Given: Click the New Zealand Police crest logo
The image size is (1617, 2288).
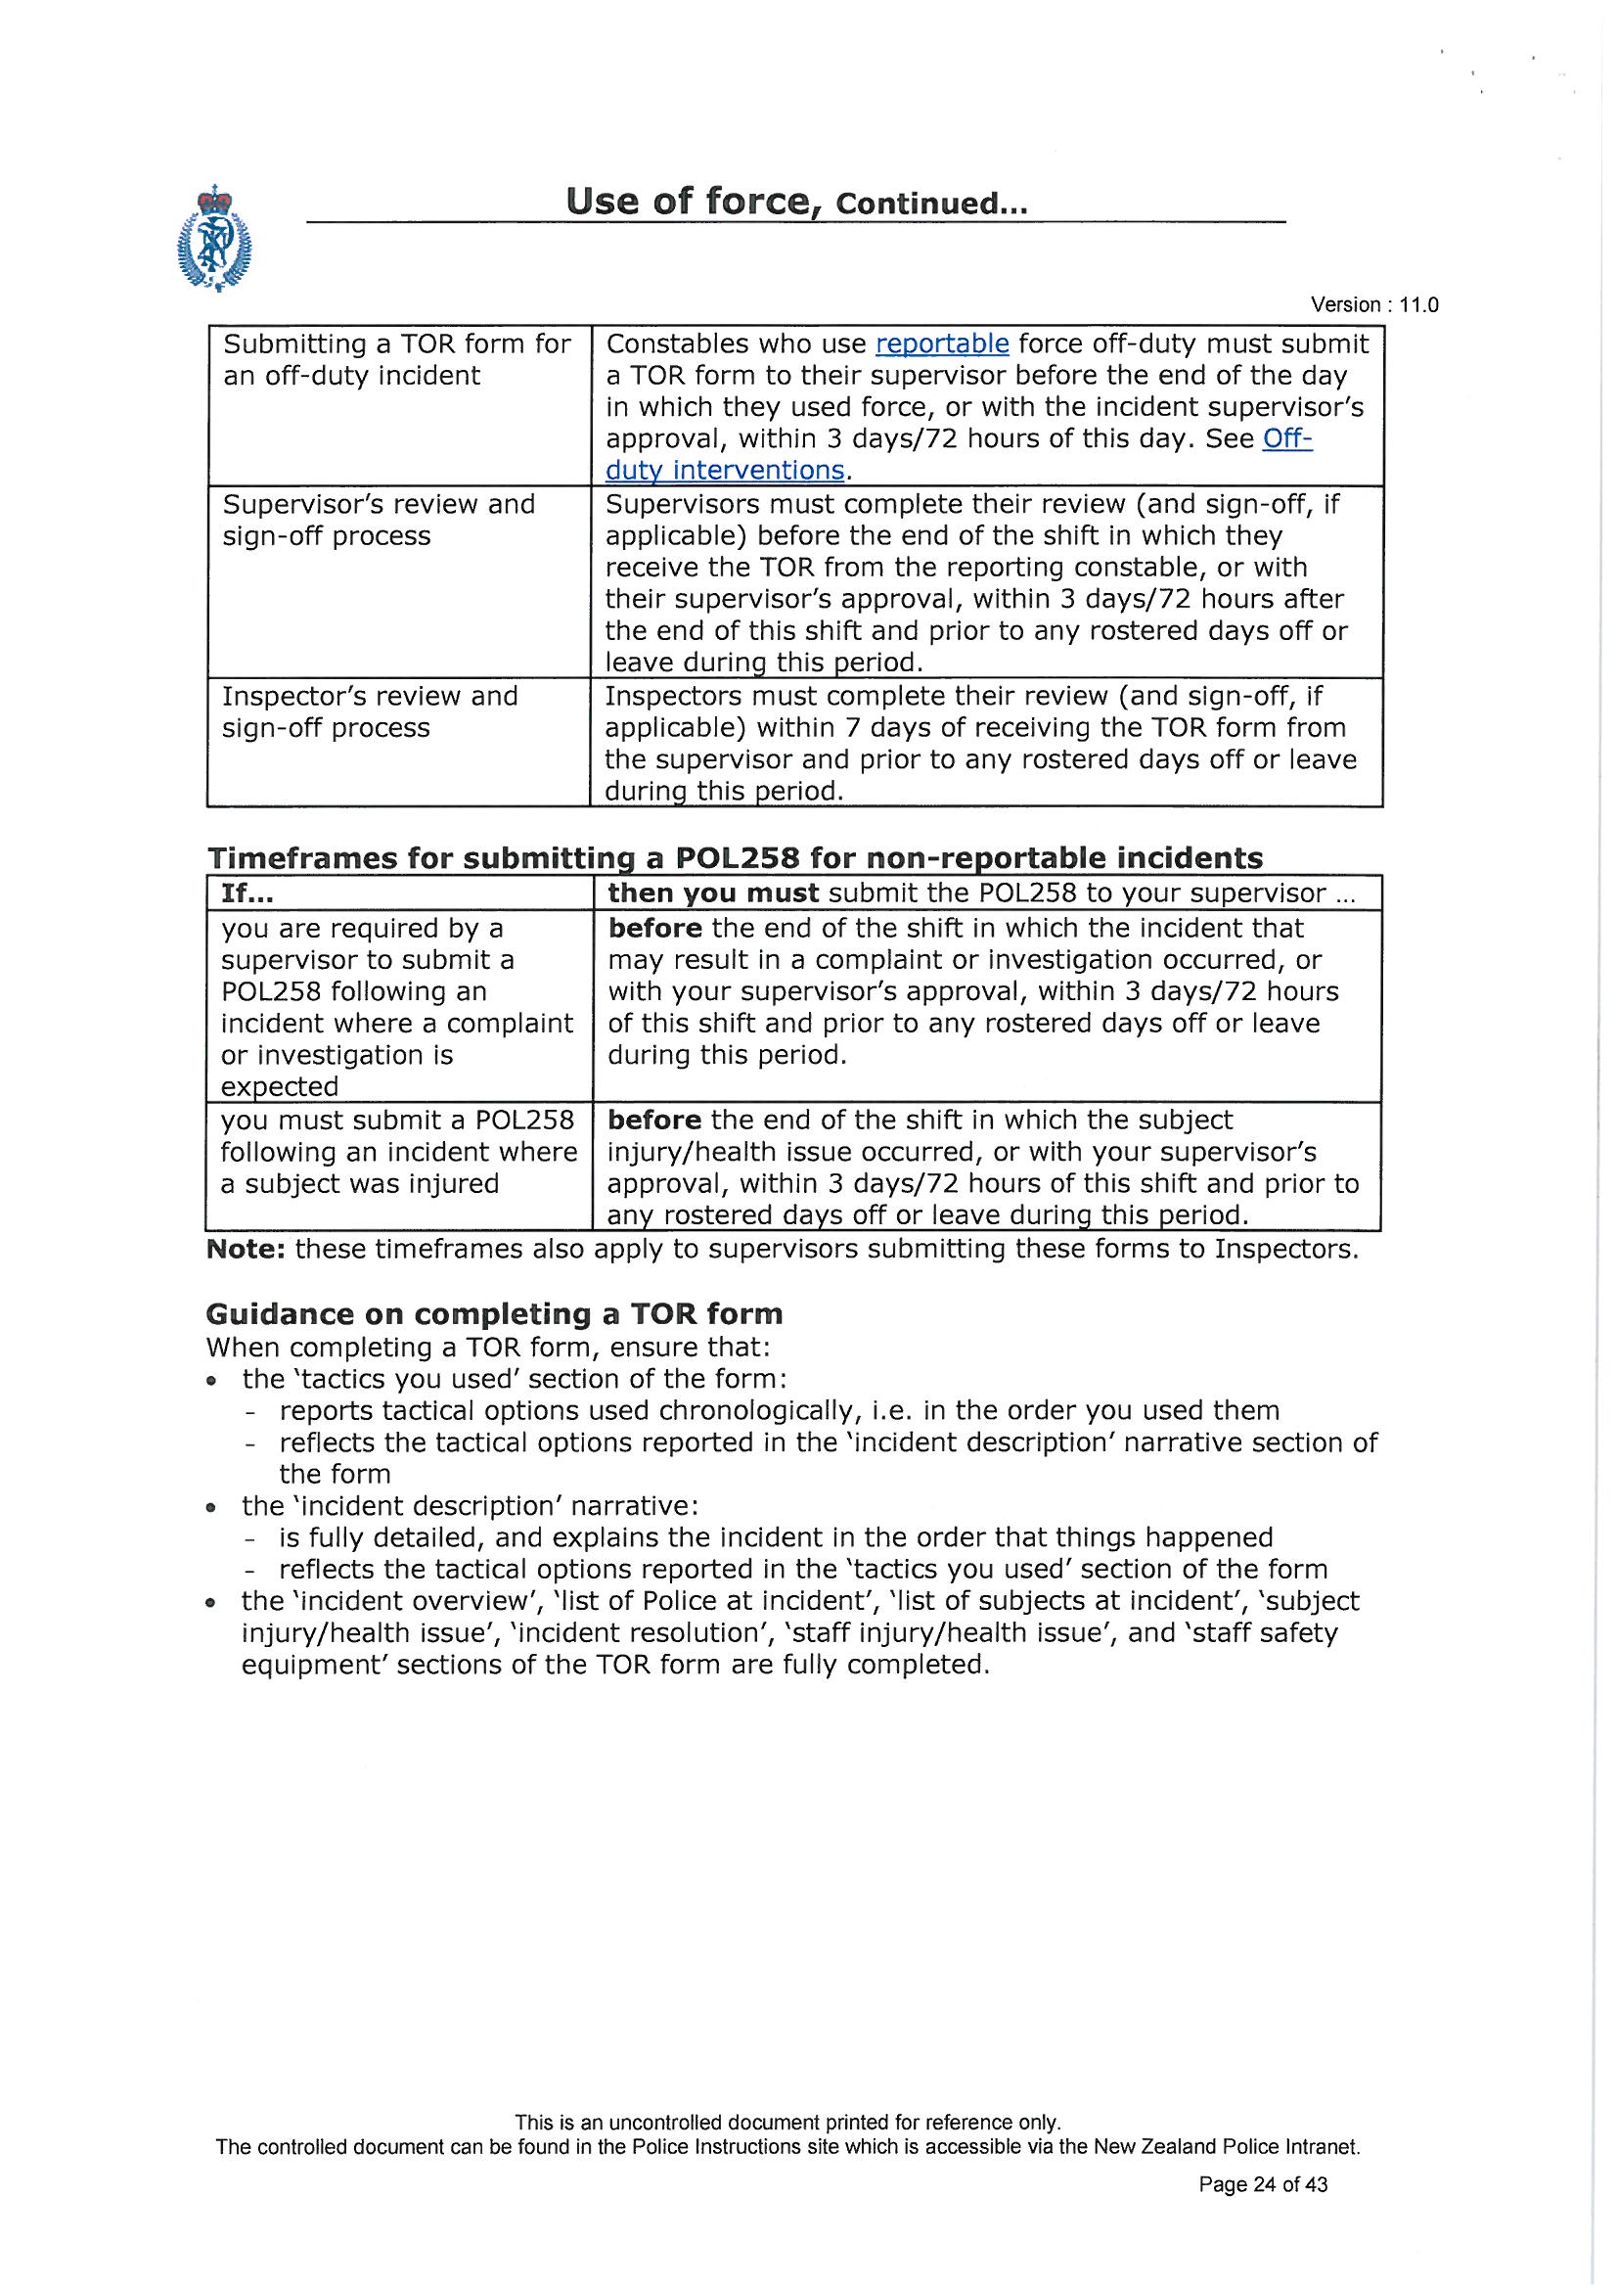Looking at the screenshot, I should [x=214, y=239].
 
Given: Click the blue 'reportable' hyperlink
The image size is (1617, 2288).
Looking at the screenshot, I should [x=941, y=344].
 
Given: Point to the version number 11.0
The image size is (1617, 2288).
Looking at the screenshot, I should [x=1418, y=306].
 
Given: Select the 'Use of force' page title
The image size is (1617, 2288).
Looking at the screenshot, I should [x=688, y=203].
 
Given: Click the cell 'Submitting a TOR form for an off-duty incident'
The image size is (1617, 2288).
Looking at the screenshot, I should [x=396, y=360].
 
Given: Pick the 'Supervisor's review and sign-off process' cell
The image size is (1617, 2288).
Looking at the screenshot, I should [x=379, y=521].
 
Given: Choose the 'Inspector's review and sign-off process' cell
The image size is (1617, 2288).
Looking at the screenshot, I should [x=370, y=711].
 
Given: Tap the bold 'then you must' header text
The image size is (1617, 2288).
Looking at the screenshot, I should [x=713, y=893].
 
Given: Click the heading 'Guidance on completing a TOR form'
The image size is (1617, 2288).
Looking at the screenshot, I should [x=494, y=1314].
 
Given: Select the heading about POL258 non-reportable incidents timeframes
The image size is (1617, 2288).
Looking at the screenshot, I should [x=735, y=858].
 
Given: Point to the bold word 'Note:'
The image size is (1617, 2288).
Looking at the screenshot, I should [x=247, y=1250].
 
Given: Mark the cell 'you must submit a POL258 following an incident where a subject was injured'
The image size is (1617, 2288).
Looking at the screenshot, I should [x=398, y=1152].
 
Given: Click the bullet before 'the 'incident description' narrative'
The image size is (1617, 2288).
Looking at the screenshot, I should [x=211, y=1507].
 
